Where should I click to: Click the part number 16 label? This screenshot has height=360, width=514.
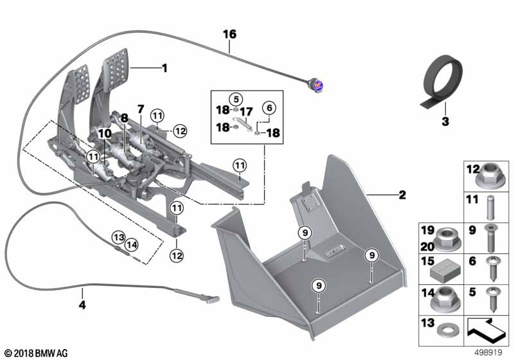[x=230, y=33]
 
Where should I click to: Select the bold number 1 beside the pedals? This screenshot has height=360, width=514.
[x=164, y=67]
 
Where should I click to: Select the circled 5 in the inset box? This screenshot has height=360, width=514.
[x=236, y=99]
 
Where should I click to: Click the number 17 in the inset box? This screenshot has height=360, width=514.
[x=247, y=111]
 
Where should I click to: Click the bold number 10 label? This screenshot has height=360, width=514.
[x=105, y=132]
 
